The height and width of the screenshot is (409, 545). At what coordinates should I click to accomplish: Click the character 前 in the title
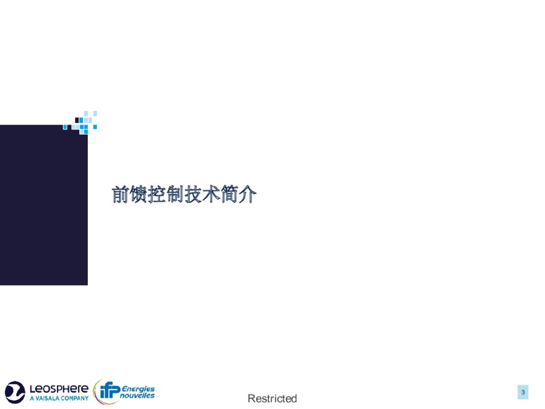[121, 194]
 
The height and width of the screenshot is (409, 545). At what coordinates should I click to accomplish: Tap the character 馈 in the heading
[139, 194]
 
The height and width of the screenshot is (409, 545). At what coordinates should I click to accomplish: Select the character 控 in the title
[157, 194]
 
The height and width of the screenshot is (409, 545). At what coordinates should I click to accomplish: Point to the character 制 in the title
[175, 194]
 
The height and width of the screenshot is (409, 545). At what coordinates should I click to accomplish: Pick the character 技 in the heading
[193, 194]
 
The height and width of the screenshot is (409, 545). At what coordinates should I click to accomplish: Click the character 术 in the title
[211, 194]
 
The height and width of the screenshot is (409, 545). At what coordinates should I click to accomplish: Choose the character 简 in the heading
[229, 194]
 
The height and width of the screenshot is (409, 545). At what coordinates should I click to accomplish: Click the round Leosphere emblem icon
[15, 392]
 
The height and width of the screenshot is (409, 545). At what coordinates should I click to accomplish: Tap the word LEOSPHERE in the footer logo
[59, 389]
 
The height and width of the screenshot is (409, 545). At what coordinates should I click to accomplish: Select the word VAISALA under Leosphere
[47, 398]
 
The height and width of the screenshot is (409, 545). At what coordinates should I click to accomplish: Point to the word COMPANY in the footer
[75, 398]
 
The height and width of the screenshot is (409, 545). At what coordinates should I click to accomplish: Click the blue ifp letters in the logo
[110, 390]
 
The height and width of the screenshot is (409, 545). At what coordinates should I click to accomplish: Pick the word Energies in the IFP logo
[138, 389]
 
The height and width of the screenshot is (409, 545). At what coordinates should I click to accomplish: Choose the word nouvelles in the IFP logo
[137, 396]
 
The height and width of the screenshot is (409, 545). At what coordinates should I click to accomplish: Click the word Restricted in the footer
[272, 398]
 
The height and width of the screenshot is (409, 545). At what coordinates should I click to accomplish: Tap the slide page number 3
[523, 392]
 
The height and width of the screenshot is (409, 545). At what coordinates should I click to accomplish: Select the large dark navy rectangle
[44, 205]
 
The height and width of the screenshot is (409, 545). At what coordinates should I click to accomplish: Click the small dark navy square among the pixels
[77, 120]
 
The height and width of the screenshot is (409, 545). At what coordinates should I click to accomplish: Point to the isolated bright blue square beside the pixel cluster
[95, 127]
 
